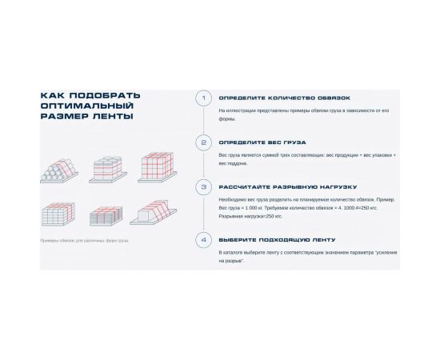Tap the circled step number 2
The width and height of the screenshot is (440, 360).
[203, 143]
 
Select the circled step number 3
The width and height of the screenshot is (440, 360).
[203, 188]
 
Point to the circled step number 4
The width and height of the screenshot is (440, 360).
[203, 239]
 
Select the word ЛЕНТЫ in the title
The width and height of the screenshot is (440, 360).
[112, 116]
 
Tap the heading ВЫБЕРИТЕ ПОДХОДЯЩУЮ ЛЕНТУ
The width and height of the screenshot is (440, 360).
[271, 239]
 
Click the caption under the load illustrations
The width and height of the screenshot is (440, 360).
[84, 240]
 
